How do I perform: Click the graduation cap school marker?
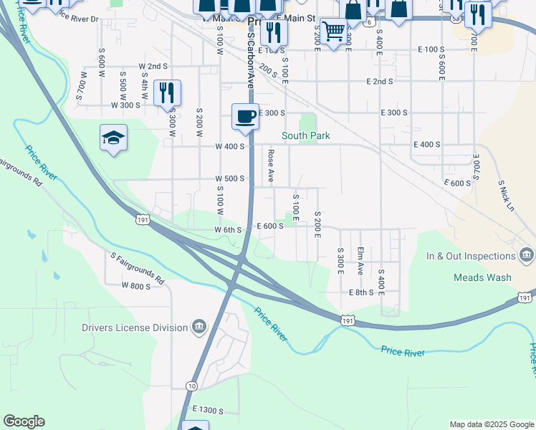point(114,137)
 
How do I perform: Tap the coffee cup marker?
point(245,116)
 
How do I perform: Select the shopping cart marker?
point(332,32)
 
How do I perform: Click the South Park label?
point(305,135)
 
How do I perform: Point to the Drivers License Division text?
point(135,328)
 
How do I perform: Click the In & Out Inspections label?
point(471,256)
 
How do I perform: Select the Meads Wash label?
point(482,277)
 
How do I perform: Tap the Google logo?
point(24,421)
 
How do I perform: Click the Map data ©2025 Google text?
point(492,424)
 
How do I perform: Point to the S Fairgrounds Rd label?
point(138,267)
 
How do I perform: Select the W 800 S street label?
point(136,286)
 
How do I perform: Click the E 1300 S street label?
point(213,410)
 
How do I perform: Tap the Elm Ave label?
point(360,262)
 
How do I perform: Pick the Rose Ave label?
point(271,166)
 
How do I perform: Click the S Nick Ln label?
point(505,193)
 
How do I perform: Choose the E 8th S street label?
point(361,292)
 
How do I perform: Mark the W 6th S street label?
point(229,229)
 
